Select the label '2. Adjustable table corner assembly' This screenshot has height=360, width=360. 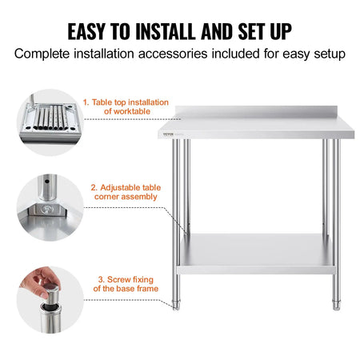[x=126, y=191]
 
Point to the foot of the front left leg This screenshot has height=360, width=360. [x=177, y=305]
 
